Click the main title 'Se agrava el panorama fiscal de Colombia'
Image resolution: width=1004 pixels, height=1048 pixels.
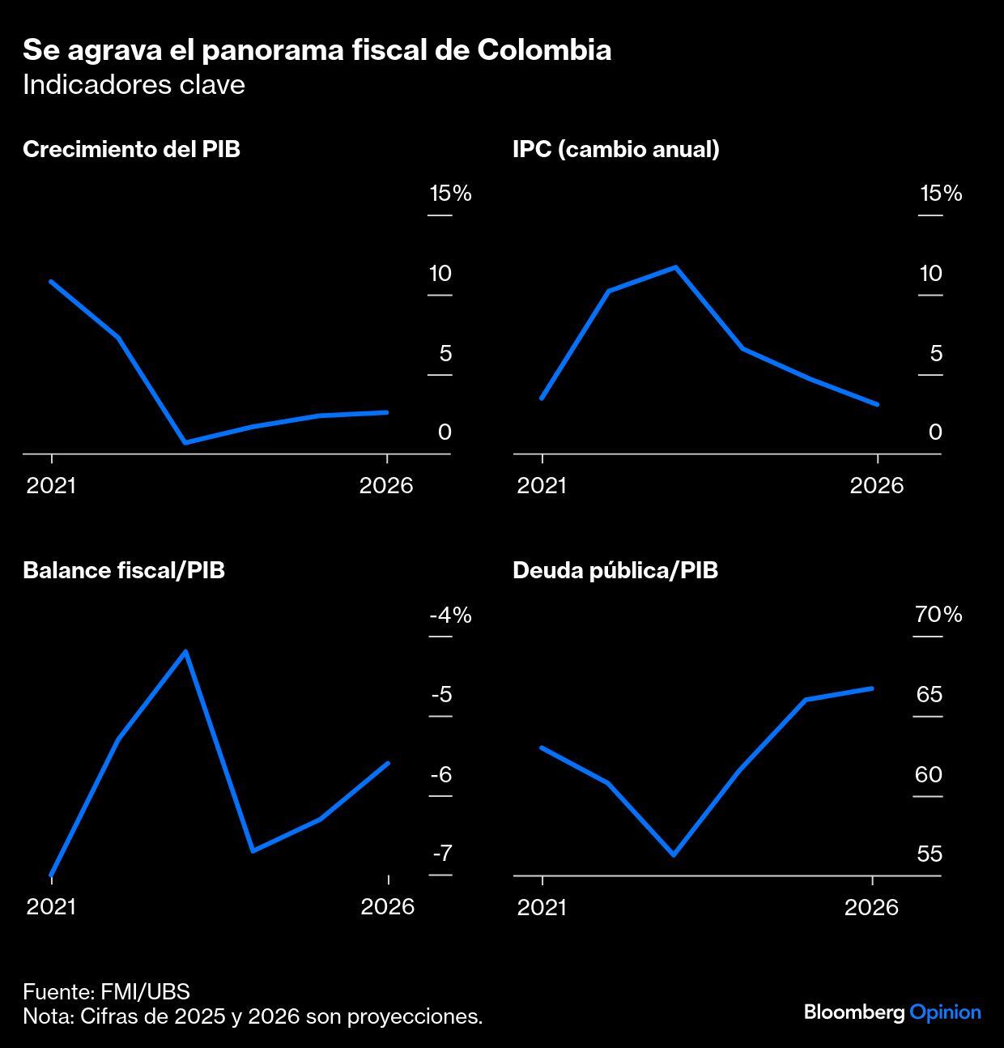point(317,50)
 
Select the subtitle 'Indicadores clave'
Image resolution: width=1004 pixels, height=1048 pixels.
point(134,85)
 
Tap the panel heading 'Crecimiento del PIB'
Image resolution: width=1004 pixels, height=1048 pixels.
point(131,150)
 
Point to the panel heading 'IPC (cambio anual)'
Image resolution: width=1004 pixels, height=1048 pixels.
point(615,150)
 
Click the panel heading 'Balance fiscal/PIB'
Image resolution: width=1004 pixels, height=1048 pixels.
point(124,570)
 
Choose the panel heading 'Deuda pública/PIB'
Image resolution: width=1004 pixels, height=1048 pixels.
point(615,570)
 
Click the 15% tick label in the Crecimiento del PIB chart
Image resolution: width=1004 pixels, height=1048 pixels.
point(450,194)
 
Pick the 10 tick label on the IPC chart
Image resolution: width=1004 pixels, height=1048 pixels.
point(930,274)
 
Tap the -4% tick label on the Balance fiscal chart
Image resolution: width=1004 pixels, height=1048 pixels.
point(450,615)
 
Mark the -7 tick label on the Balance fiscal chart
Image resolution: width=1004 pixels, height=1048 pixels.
point(442,854)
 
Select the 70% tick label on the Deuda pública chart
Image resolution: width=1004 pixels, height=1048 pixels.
point(938,615)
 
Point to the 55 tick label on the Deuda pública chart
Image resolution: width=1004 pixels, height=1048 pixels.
point(930,854)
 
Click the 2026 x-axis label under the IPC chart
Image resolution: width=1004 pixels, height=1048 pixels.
point(876,486)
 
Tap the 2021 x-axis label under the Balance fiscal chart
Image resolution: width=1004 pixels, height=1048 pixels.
point(51,906)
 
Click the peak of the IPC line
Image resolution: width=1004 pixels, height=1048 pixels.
point(675,267)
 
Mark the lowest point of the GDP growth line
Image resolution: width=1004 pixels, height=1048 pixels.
point(185,442)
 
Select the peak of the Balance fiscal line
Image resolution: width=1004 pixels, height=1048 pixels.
point(185,651)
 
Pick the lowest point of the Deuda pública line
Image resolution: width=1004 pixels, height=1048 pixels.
point(674,854)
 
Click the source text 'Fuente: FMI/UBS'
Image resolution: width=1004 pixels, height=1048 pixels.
point(106,992)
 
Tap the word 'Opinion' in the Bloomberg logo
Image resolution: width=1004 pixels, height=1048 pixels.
point(945,1012)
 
